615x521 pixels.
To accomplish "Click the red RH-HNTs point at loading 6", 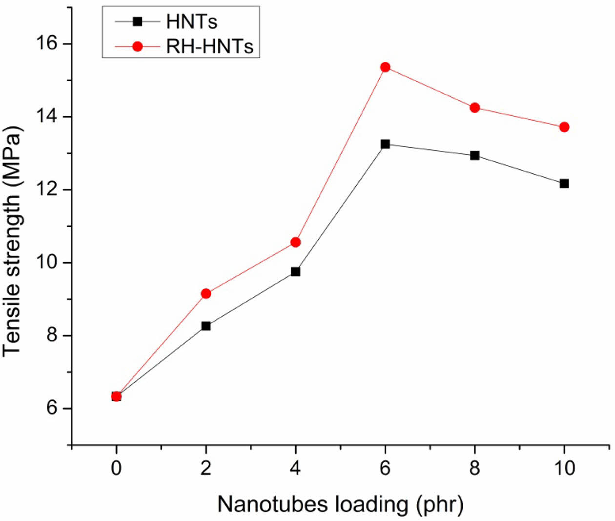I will click(385, 67).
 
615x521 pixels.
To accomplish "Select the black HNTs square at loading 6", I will click(385, 144).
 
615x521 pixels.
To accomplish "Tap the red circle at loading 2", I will click(206, 293).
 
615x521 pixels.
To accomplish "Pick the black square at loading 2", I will click(206, 326).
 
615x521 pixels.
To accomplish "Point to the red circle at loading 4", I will click(295, 242).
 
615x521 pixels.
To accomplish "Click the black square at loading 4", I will click(295, 271).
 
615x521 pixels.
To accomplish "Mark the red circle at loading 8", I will click(475, 107).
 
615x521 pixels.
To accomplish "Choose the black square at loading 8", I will click(475, 155).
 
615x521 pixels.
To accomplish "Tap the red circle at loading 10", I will click(564, 127).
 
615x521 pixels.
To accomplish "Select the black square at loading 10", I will click(564, 184).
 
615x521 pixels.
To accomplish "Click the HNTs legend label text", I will click(191, 21).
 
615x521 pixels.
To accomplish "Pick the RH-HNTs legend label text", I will click(210, 46).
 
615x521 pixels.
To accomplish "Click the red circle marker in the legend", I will click(138, 46).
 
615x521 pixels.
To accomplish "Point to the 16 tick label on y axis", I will click(47, 44).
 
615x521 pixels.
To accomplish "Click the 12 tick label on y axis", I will click(47, 189).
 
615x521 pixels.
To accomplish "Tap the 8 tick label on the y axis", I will click(52, 335).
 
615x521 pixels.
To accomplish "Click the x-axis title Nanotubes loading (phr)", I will click(340, 504).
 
